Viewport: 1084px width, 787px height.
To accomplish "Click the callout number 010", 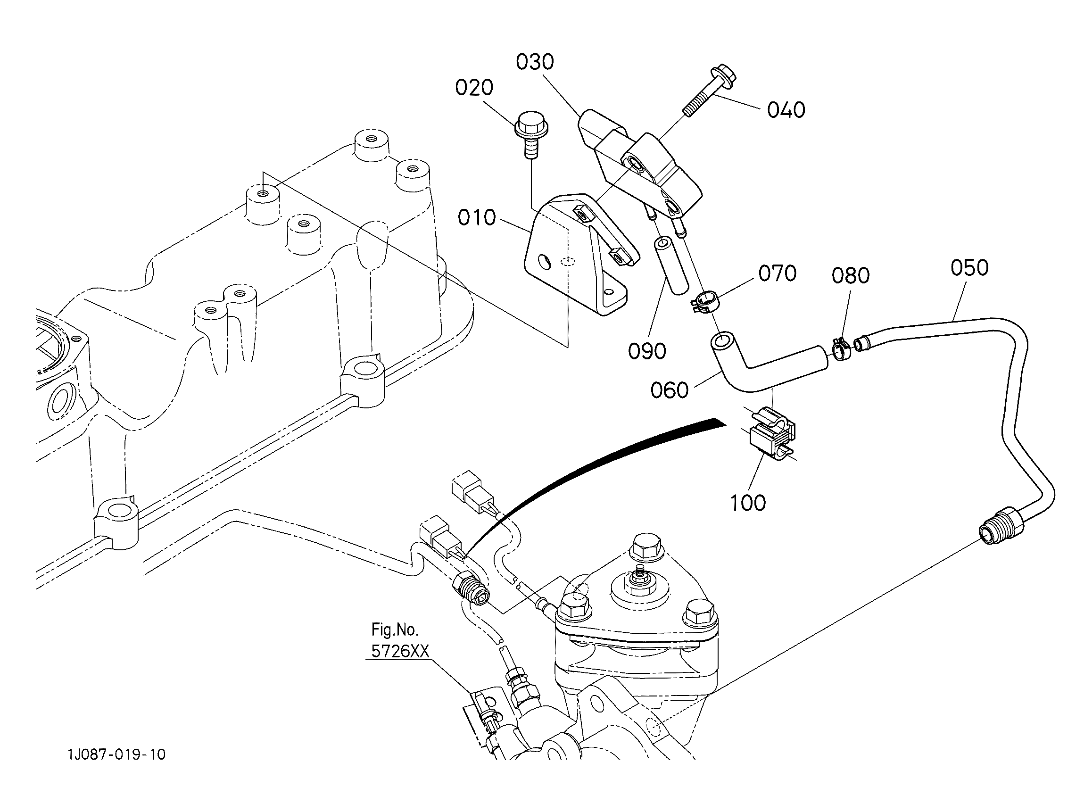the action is (x=477, y=218).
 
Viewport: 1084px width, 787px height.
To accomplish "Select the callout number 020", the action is (x=474, y=88).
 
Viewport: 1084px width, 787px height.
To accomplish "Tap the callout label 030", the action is (x=535, y=62).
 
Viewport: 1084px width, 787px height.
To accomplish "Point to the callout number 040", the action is (x=786, y=110).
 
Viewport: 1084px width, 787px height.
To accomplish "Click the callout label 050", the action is (x=969, y=268).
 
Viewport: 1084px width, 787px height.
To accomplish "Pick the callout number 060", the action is (x=669, y=390).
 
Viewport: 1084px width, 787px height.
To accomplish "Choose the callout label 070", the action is (x=777, y=273).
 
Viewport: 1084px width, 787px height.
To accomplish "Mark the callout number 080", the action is (x=851, y=276).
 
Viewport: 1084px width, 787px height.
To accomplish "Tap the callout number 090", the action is (x=647, y=351).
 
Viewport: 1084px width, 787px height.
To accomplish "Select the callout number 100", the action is (x=748, y=503).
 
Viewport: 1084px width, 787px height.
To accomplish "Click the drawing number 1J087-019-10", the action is (x=116, y=755).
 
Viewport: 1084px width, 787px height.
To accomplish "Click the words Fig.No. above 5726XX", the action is (x=395, y=630).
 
